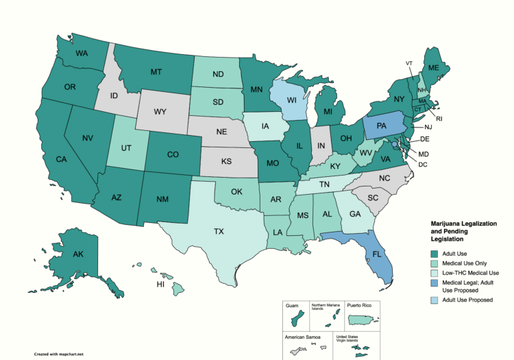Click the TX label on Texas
(219, 232)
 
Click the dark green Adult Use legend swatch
(433, 255)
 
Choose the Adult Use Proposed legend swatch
(433, 300)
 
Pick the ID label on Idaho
(116, 94)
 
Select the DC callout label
(423, 164)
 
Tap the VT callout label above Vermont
(409, 63)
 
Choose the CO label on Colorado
(172, 155)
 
